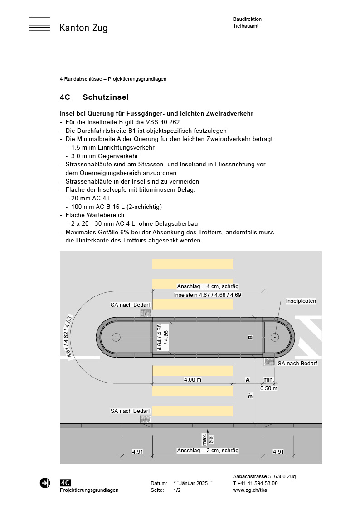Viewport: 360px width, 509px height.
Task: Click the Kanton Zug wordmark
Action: [83, 28]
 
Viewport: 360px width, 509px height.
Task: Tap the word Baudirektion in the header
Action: [247, 19]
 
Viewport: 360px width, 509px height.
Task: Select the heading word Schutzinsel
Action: [106, 97]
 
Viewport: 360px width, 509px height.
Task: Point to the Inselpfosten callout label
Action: [301, 301]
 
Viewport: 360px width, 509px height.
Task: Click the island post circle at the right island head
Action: [274, 337]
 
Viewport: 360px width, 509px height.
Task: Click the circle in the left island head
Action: [116, 337]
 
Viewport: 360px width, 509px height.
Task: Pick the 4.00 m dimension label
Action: [193, 380]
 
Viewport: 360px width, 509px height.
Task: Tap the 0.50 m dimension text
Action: [269, 388]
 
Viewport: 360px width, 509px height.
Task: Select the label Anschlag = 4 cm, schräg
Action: [208, 286]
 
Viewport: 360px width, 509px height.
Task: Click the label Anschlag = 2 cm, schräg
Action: [208, 451]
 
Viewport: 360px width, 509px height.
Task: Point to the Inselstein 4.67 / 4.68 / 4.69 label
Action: [208, 295]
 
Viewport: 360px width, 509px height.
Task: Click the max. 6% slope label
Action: [208, 438]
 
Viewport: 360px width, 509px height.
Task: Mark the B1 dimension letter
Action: [250, 395]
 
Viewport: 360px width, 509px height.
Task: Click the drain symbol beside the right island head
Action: [269, 362]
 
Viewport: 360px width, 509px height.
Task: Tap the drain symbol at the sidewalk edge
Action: [146, 420]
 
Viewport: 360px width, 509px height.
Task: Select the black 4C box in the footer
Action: [65, 483]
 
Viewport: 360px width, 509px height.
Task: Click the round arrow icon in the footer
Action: [45, 483]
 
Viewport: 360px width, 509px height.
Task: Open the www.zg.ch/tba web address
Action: [249, 490]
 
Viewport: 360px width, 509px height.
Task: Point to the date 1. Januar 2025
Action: [190, 483]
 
